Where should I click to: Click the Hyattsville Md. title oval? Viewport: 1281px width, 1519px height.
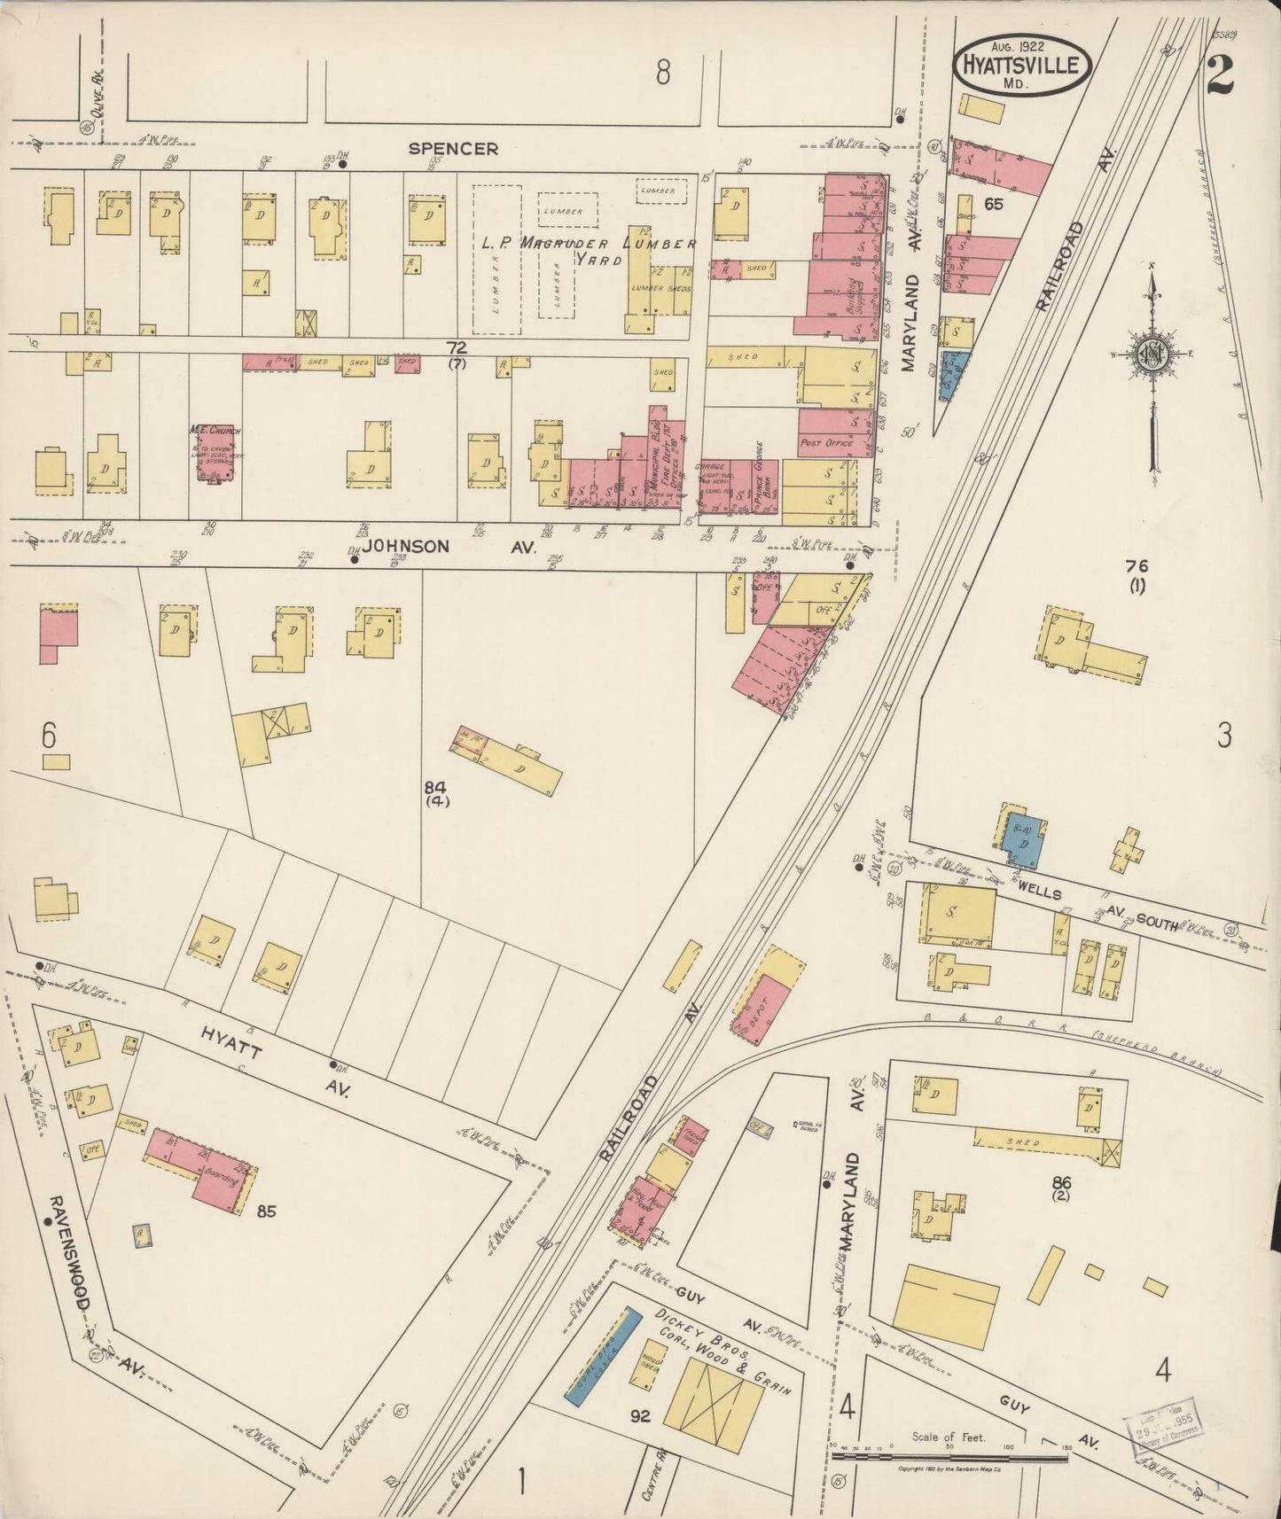(1021, 65)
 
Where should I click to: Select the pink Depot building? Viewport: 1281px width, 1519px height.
(762, 1007)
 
